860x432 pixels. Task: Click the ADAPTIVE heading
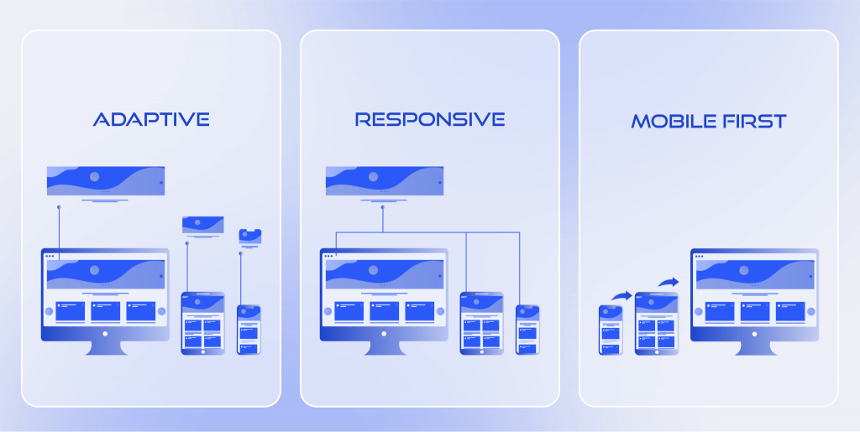point(151,119)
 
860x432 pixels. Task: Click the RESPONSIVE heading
point(430,119)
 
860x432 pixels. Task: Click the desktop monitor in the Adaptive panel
point(105,301)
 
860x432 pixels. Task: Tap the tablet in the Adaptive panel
point(203,323)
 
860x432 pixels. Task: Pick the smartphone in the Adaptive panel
point(249,330)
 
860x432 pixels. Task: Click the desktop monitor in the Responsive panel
point(384,301)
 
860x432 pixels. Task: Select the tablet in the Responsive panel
point(481,323)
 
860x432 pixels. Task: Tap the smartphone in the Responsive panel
point(527,330)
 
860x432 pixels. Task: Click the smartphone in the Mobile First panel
point(611,330)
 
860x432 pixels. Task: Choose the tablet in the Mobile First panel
point(657,323)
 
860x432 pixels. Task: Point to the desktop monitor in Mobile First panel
point(755,301)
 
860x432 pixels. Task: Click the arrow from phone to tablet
point(622,295)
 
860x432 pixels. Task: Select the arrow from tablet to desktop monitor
point(669,283)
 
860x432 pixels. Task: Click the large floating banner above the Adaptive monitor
point(106,180)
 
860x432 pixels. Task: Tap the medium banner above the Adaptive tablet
point(203,225)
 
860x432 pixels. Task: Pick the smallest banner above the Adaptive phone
point(250,236)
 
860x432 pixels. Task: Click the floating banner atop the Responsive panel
point(385,180)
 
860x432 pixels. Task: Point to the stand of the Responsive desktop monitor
point(384,348)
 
